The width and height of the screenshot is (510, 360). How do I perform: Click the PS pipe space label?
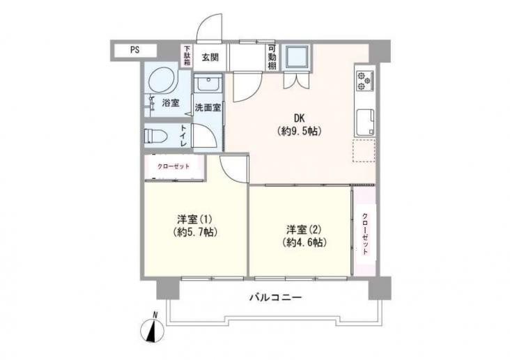(135, 50)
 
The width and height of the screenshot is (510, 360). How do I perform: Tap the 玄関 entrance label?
(210, 58)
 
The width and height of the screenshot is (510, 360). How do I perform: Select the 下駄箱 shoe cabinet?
(187, 56)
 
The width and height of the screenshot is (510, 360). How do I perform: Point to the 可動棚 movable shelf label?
(272, 57)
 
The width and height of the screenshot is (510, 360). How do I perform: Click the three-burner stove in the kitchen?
(365, 81)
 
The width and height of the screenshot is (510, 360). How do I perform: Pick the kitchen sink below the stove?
(366, 123)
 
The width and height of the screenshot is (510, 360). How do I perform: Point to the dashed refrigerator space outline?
(364, 150)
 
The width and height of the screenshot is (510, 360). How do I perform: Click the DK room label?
(299, 118)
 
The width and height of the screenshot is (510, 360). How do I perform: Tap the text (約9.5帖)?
(299, 131)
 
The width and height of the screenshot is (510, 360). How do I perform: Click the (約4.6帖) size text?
(304, 242)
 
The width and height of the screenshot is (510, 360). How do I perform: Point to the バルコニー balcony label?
(276, 297)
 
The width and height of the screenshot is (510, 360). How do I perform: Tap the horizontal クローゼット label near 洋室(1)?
(173, 166)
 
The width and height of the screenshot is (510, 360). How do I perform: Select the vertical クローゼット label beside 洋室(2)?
(365, 234)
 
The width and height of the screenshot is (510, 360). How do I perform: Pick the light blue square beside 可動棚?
(296, 57)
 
